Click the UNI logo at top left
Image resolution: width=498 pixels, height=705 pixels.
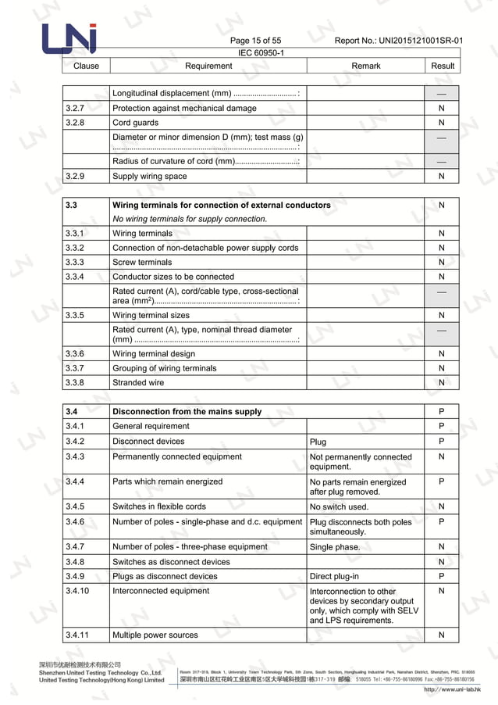click(69, 39)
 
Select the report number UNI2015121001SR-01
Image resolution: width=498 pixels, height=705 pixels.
click(398, 41)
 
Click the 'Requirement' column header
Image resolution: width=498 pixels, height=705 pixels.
click(208, 66)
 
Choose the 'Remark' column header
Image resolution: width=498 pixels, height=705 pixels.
click(365, 66)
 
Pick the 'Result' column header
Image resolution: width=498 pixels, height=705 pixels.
click(442, 66)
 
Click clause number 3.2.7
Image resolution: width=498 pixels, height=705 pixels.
click(75, 109)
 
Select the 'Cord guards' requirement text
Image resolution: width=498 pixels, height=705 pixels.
click(135, 123)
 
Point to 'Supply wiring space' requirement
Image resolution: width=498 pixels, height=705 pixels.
click(150, 177)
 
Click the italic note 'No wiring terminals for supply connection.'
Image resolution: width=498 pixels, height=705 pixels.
click(190, 219)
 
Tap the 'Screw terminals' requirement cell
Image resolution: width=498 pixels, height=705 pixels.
click(142, 263)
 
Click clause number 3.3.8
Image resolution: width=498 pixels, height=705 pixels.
click(75, 383)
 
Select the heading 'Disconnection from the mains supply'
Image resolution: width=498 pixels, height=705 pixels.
click(187, 412)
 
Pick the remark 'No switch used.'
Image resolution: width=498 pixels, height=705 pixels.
click(339, 507)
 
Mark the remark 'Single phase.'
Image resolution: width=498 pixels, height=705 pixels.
click(335, 547)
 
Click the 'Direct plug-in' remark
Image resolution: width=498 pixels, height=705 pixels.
click(334, 577)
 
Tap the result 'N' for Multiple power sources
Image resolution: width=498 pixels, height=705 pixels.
click(442, 635)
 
